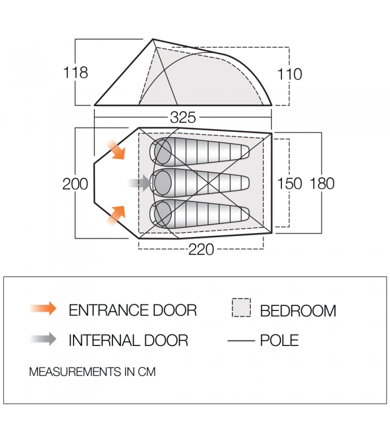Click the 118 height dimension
tap(76, 72)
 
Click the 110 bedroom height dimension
tap(289, 74)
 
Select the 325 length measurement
tap(183, 118)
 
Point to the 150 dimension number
tap(289, 184)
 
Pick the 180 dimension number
tap(321, 184)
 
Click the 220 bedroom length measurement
tap(201, 250)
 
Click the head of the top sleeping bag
tap(162, 150)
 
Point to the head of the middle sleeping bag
tap(162, 181)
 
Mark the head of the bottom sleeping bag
tap(162, 213)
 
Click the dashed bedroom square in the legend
tap(241, 308)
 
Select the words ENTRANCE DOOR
tap(133, 310)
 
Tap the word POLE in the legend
tap(279, 340)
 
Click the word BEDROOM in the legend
tap(298, 310)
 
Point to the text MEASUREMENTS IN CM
tap(92, 372)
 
